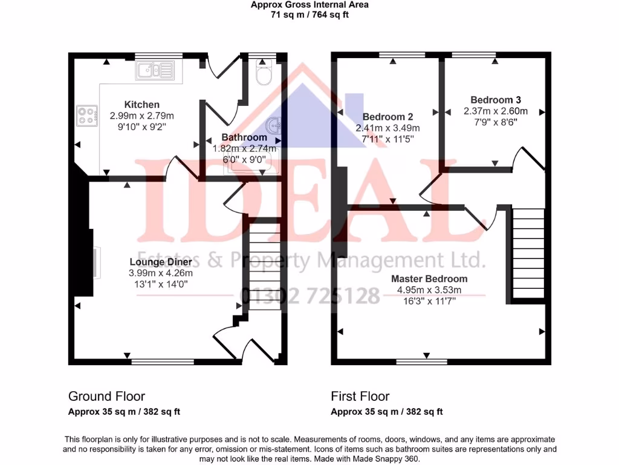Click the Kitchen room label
[x=142, y=105]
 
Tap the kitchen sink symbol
[x=155, y=71]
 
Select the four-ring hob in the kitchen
[x=88, y=115]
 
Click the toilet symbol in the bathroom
[x=264, y=75]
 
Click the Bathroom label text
[x=244, y=137]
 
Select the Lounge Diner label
[x=161, y=262]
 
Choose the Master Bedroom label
[x=429, y=279]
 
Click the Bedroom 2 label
[x=387, y=117]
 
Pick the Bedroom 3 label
[x=496, y=100]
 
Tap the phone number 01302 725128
[x=311, y=296]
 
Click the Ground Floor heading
[x=106, y=397]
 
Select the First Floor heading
[x=360, y=397]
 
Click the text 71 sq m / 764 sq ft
[x=309, y=15]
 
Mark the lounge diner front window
[x=163, y=362]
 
